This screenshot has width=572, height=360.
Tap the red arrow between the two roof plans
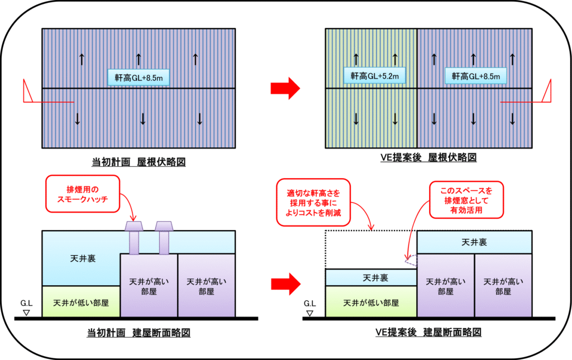coord(285,88)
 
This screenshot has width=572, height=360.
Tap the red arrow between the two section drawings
coord(285,283)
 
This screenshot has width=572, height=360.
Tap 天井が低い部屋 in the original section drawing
coord(81,303)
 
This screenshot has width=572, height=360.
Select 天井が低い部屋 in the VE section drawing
coord(371,303)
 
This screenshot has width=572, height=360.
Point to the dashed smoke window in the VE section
coord(411,259)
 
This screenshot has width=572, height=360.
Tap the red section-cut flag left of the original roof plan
coord(28,92)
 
